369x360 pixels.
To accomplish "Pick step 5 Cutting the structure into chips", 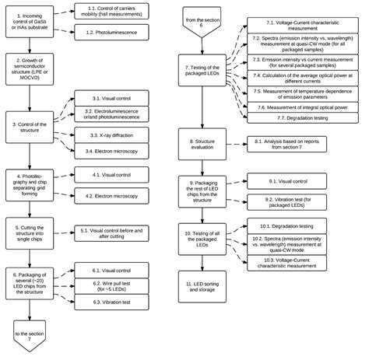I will point(28,231).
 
